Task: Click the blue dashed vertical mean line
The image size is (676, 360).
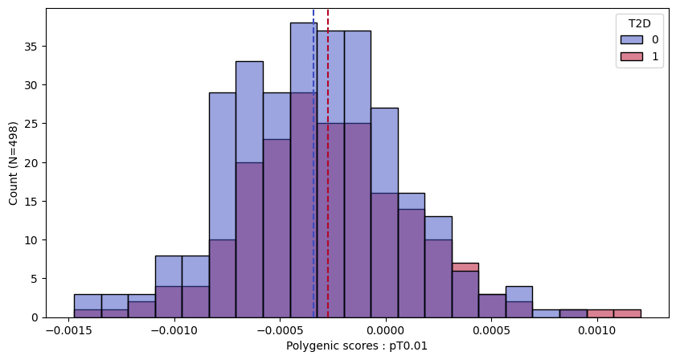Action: coord(313,161)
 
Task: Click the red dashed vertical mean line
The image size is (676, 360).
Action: coord(328,161)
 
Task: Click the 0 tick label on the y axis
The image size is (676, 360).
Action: coord(37,317)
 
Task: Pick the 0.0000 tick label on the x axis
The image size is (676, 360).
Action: coord(384,331)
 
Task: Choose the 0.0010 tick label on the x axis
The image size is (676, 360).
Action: coord(596,331)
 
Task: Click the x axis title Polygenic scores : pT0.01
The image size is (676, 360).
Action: coord(358,346)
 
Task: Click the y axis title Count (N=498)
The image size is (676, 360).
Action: coord(14,162)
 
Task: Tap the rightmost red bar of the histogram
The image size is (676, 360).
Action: coord(627,313)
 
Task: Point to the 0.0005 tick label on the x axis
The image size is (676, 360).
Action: coord(490,331)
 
